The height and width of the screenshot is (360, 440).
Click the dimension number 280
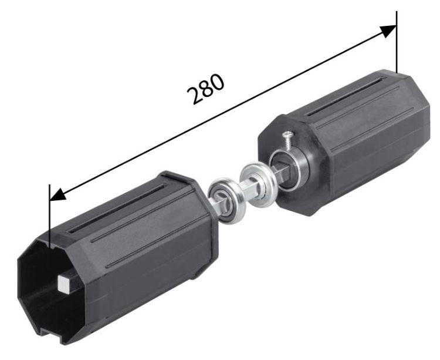tap(206, 89)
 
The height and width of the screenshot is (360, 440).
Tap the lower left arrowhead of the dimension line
tap(57, 194)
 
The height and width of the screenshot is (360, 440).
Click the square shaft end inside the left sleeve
tap(65, 284)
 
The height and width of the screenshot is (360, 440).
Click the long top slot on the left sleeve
tap(117, 208)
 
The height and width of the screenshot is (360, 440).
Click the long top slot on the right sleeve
tap(346, 96)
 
